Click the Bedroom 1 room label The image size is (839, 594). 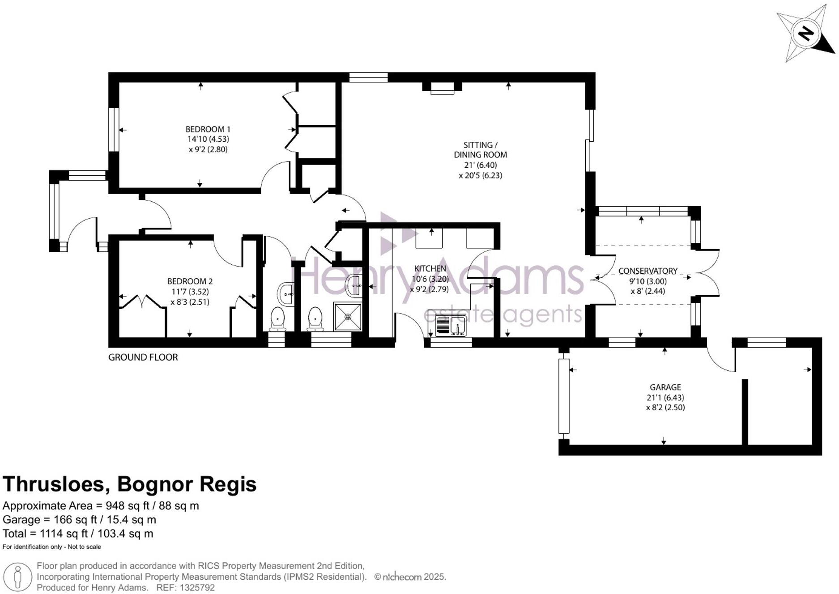208,129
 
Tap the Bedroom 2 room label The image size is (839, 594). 190,281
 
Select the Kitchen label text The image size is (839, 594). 430,268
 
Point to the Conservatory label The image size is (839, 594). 647,271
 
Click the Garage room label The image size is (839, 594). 665,387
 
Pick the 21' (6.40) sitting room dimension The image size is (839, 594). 480,165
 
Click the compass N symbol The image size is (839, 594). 805,34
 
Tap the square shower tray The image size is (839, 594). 348,317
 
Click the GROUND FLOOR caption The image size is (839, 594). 143,357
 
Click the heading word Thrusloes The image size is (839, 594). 56,484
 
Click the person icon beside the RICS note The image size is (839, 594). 18,577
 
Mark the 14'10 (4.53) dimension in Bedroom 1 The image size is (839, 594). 208,139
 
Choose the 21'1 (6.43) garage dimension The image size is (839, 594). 665,398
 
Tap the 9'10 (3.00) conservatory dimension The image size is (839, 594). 647,281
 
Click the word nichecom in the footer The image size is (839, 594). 402,577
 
